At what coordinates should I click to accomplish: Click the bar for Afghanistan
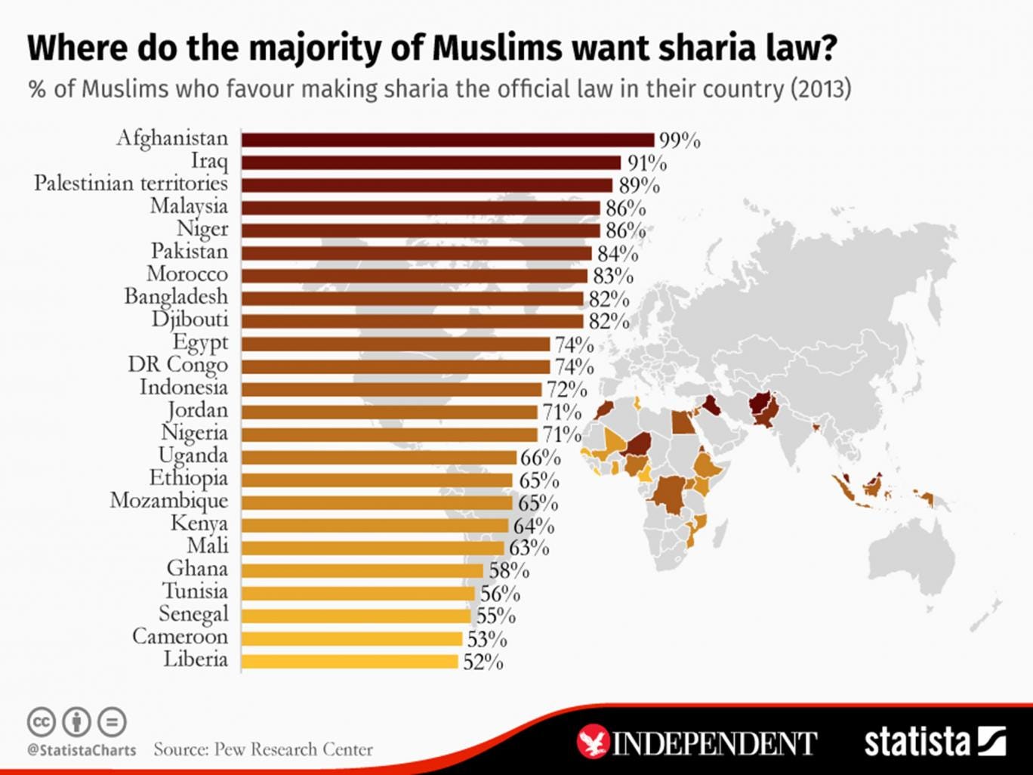(448, 140)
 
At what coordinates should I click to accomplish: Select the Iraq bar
(431, 162)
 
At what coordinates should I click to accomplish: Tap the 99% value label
(680, 141)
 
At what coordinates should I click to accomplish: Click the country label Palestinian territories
(131, 184)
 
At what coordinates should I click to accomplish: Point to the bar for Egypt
(396, 344)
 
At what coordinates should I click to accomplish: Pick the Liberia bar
(350, 661)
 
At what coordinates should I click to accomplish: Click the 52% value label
(483, 662)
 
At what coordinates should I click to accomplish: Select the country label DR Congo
(177, 365)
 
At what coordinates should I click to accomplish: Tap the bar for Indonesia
(392, 389)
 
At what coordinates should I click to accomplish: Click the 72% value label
(567, 391)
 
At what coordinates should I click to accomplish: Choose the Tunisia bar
(358, 593)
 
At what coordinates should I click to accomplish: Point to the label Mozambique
(168, 501)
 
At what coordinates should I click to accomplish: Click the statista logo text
(917, 741)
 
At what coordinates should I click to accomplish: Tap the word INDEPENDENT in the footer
(714, 743)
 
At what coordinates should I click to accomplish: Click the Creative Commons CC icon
(42, 722)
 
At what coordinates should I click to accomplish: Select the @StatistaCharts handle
(82, 750)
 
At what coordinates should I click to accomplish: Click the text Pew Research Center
(294, 749)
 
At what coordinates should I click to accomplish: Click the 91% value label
(647, 164)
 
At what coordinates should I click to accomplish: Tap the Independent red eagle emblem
(593, 742)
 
